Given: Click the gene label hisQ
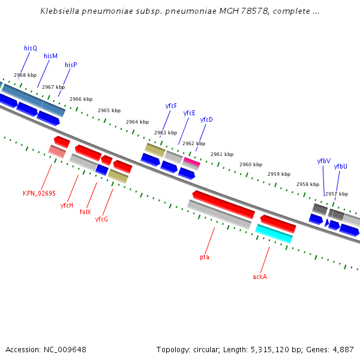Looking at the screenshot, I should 31,48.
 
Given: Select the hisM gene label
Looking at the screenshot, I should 50,56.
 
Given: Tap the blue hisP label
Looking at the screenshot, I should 71,65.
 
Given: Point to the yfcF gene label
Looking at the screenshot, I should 171,106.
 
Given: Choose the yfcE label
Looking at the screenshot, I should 189,113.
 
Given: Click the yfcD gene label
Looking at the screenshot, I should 206,120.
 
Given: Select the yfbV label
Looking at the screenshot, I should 323,161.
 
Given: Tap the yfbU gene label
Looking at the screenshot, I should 340,167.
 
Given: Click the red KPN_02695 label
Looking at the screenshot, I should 39,193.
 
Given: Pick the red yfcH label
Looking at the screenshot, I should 67,205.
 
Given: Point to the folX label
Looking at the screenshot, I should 85,212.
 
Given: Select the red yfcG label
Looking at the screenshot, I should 101,220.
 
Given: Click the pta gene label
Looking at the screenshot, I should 205,257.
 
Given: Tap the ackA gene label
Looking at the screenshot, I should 260,277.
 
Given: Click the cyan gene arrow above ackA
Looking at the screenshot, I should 274,234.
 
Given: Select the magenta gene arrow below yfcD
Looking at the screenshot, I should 191,161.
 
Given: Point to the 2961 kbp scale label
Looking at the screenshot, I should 221,154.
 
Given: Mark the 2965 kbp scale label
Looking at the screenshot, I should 109,110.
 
